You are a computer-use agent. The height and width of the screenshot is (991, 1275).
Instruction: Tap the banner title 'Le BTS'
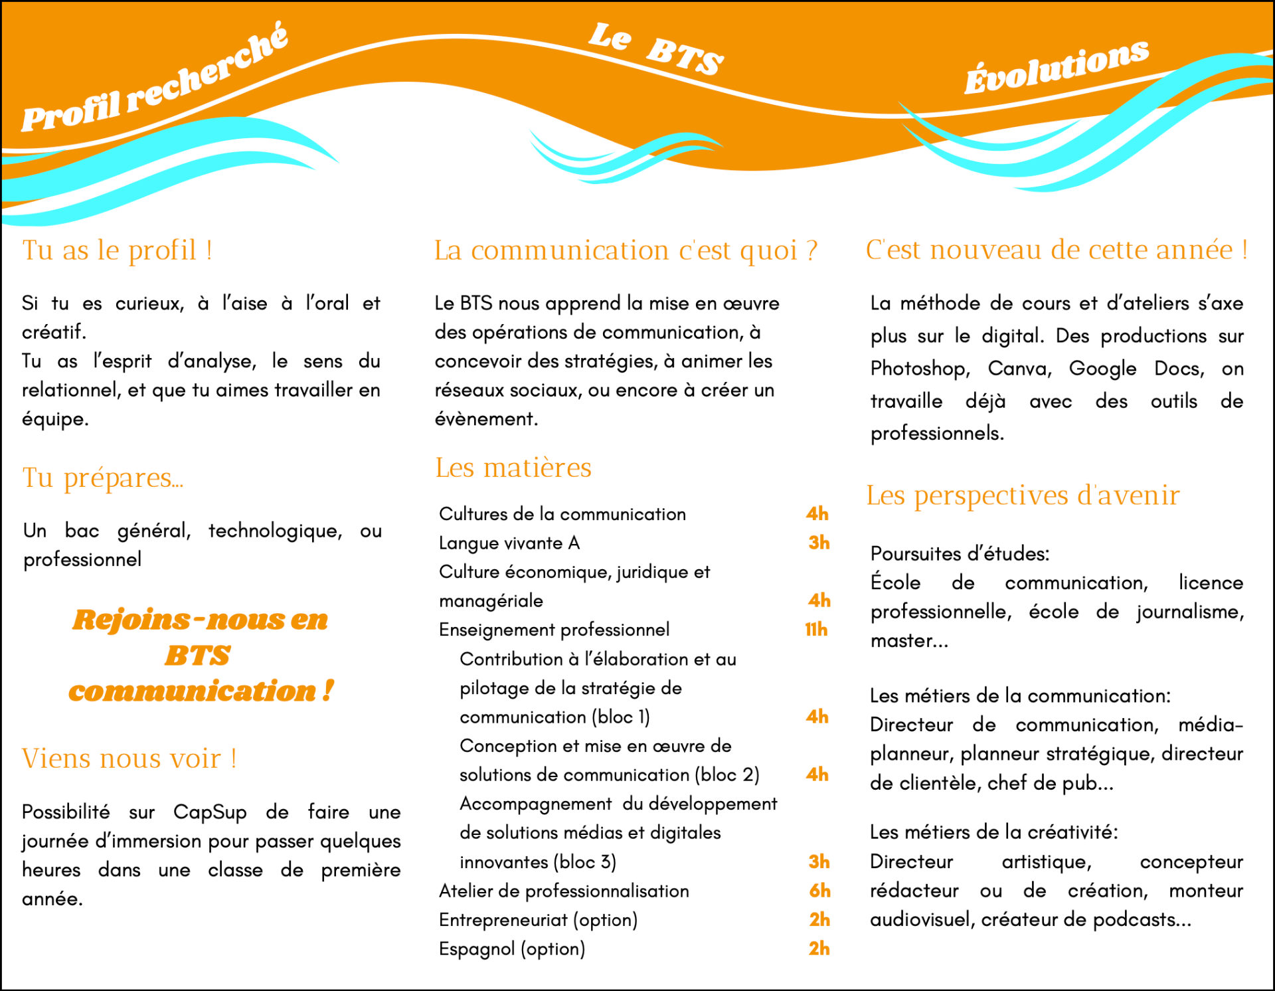click(655, 48)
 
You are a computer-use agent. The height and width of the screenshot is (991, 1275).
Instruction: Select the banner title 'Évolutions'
click(1056, 67)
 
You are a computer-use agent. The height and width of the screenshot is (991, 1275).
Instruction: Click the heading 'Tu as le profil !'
click(118, 250)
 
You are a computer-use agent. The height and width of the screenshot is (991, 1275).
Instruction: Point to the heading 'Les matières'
click(513, 468)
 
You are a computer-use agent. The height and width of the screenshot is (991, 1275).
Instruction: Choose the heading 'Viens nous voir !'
click(129, 759)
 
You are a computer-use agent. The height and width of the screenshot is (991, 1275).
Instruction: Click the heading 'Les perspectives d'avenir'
click(1023, 496)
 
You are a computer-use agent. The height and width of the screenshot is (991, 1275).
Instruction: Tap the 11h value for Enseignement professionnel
click(816, 629)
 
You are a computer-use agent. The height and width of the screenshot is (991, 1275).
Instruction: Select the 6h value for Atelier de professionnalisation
click(819, 891)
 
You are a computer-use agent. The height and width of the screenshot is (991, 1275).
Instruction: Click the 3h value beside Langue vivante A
click(819, 543)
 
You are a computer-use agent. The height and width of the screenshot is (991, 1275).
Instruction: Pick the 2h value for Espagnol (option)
click(819, 948)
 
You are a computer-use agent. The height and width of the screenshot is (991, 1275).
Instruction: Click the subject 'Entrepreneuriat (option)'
click(538, 920)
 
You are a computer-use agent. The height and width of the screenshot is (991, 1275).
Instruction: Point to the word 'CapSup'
click(210, 812)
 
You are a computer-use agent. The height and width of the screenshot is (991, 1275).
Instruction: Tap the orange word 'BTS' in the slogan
click(198, 656)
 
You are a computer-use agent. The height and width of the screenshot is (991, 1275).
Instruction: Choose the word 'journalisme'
click(1189, 612)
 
